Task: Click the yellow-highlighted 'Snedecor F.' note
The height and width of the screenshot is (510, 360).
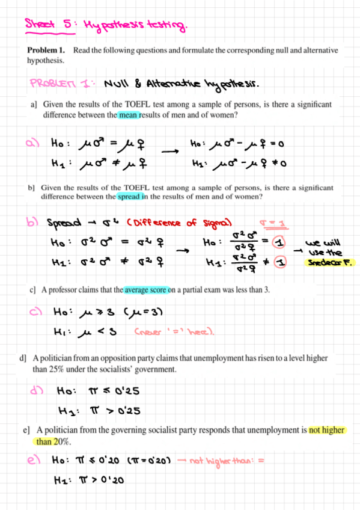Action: tap(330, 262)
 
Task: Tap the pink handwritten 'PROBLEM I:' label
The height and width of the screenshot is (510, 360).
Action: tap(57, 82)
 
